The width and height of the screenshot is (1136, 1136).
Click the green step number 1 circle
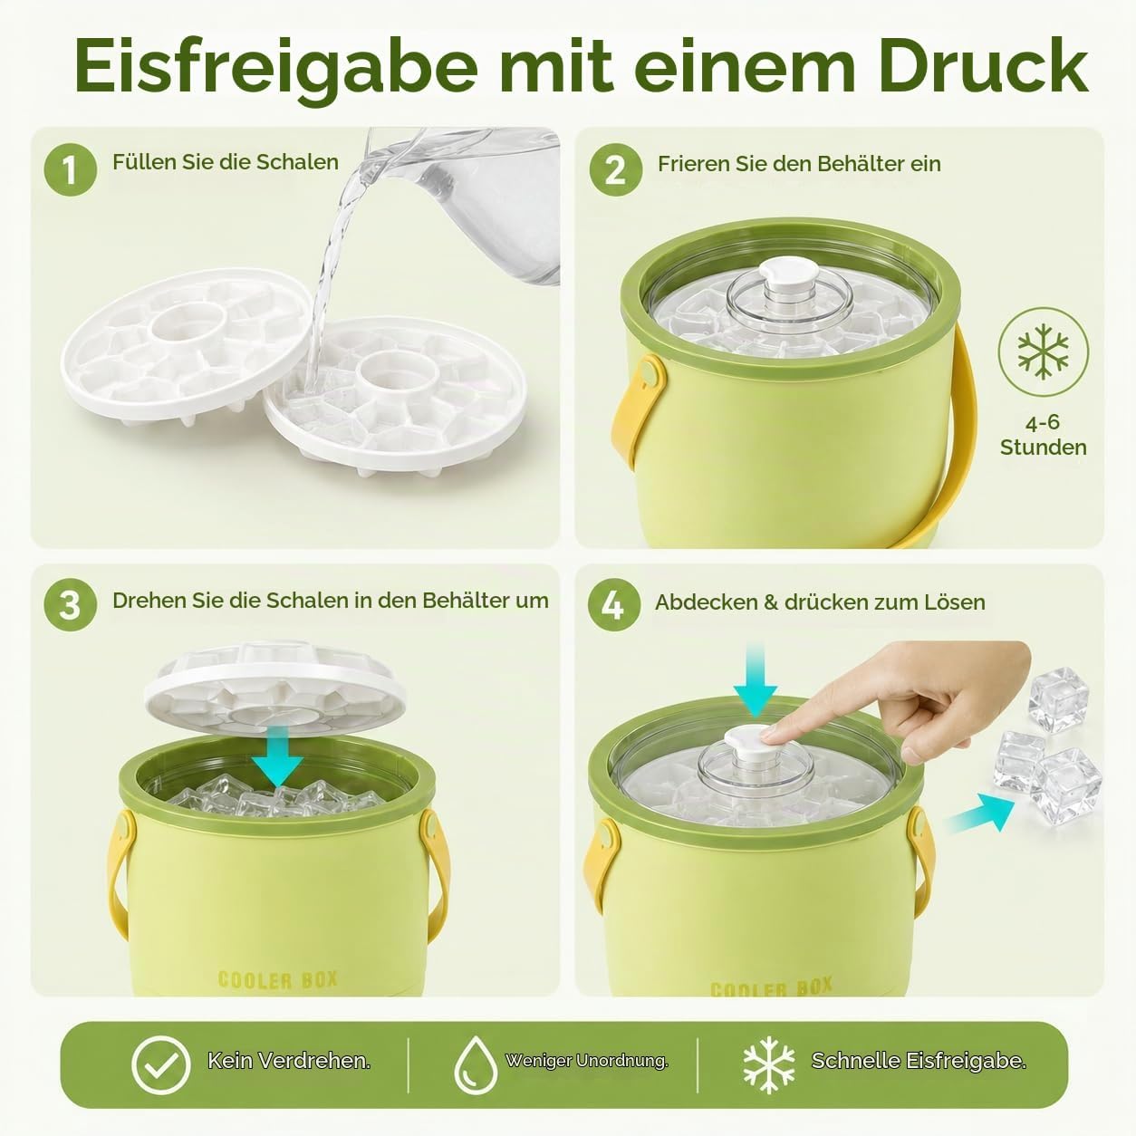[x=70, y=169]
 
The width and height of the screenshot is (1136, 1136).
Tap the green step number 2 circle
[x=615, y=169]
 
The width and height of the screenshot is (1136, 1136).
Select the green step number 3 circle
[x=70, y=605]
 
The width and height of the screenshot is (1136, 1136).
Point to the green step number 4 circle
[x=613, y=605]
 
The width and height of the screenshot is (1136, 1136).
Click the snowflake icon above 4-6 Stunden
[x=1043, y=351]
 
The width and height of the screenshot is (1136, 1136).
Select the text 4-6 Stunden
[x=1043, y=435]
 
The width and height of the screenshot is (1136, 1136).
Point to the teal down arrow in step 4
[x=756, y=679]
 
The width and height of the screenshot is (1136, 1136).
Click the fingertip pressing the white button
[x=769, y=734]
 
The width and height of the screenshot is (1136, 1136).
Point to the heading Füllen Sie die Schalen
[x=226, y=162]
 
